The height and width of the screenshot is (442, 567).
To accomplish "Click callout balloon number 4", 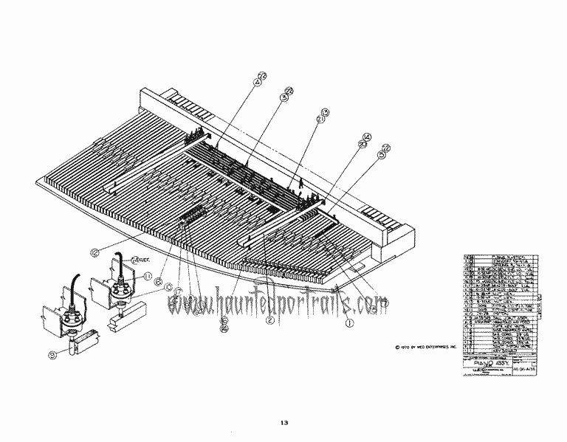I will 258,83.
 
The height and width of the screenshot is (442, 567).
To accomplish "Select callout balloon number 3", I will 283,97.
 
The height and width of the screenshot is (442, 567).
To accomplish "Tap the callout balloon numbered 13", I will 325,112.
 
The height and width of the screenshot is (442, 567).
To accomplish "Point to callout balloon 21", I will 320,120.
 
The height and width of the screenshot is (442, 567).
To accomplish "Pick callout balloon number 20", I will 362,145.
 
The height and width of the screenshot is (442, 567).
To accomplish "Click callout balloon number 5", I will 382,156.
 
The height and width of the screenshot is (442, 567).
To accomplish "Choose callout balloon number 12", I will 94,252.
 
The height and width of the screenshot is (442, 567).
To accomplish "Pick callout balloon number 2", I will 270,320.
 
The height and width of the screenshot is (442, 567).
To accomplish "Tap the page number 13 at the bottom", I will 284,423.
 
